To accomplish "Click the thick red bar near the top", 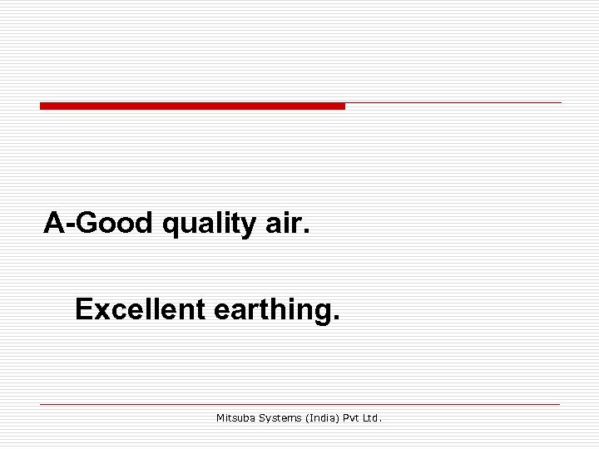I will click(191, 106).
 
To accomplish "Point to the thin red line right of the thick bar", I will click(453, 103).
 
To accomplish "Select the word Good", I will click(115, 223).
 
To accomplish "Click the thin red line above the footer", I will click(299, 404).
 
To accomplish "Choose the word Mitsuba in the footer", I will click(236, 418).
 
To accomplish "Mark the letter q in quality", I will click(172, 226).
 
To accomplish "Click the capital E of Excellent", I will click(83, 309).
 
